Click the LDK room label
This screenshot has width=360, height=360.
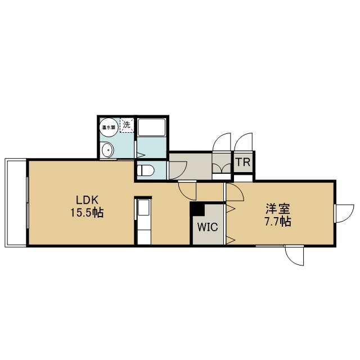pyautogui.click(x=87, y=200)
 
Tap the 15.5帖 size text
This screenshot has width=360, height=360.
pyautogui.click(x=87, y=213)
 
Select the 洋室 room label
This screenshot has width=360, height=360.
pyautogui.click(x=278, y=208)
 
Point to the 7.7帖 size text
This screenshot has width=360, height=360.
pyautogui.click(x=278, y=222)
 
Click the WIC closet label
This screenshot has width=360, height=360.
pyautogui.click(x=208, y=227)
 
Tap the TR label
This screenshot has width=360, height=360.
pyautogui.click(x=243, y=163)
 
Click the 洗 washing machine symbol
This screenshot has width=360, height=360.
pyautogui.click(x=127, y=125)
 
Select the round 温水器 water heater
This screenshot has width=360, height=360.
pyautogui.click(x=109, y=128)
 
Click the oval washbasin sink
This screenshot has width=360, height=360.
pyautogui.click(x=107, y=150)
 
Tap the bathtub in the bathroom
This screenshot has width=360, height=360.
pyautogui.click(x=151, y=128)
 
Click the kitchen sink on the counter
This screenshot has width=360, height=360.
pyautogui.click(x=144, y=208)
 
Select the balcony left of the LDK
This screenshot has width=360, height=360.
pyautogui.click(x=16, y=202)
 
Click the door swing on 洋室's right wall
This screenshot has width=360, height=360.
pyautogui.click(x=344, y=213)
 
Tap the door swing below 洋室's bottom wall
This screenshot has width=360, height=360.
pyautogui.click(x=294, y=255)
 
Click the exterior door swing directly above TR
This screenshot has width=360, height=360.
pyautogui.click(x=244, y=142)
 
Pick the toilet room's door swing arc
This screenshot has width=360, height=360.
pyautogui.click(x=178, y=170)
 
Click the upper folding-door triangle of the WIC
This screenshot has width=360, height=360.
pyautogui.click(x=231, y=209)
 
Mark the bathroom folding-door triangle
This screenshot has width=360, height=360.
pyautogui.click(x=141, y=155)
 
